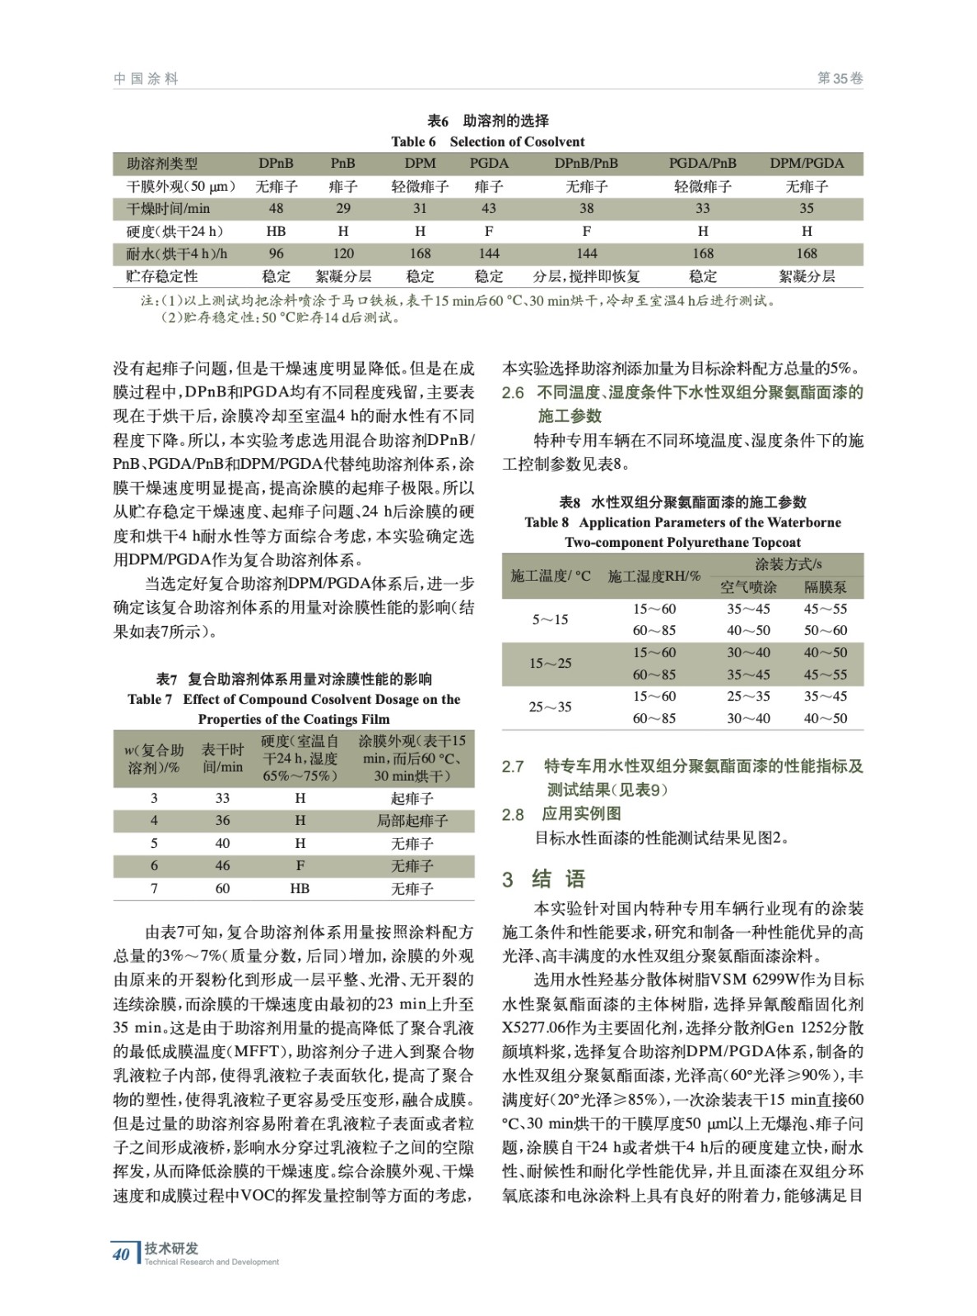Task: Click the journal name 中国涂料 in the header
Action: pyautogui.click(x=146, y=79)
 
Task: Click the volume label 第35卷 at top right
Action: pyautogui.click(x=840, y=79)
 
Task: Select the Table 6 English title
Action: pyautogui.click(x=488, y=141)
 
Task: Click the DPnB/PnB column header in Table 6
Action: pyautogui.click(x=586, y=164)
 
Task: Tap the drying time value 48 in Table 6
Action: pyautogui.click(x=276, y=209)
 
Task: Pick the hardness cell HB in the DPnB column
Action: pyautogui.click(x=276, y=231)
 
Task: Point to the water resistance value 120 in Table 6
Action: pyautogui.click(x=343, y=253)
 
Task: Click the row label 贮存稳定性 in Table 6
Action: pyautogui.click(x=162, y=276)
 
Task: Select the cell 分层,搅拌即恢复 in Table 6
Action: pyautogui.click(x=586, y=276)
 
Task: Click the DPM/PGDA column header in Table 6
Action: pyautogui.click(x=806, y=164)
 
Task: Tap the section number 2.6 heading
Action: pyautogui.click(x=513, y=393)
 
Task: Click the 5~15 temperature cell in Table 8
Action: pyautogui.click(x=550, y=620)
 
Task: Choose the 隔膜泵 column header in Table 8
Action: pyautogui.click(x=825, y=587)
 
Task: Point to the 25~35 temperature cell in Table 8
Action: pyautogui.click(x=550, y=707)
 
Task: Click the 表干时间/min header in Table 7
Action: pyautogui.click(x=222, y=758)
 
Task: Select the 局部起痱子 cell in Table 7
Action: pyautogui.click(x=412, y=821)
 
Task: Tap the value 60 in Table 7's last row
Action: pyautogui.click(x=222, y=889)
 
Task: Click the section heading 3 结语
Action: pyautogui.click(x=544, y=879)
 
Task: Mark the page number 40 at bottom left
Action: pyautogui.click(x=121, y=1254)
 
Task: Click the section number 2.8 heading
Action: pyautogui.click(x=513, y=814)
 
